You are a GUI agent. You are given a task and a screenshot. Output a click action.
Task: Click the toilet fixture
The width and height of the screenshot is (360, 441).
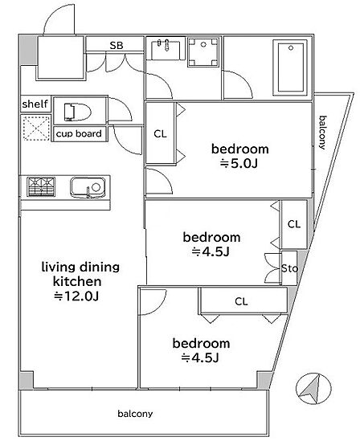78,112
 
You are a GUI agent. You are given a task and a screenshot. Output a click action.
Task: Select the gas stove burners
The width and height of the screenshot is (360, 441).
41,186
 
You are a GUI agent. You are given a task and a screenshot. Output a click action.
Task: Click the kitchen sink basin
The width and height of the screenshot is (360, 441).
88,187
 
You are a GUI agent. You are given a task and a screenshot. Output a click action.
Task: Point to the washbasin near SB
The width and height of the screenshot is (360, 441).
166,50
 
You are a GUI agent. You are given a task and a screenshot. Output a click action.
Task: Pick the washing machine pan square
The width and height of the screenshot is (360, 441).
203,51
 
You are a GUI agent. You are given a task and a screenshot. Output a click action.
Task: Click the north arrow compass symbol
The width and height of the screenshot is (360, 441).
314,389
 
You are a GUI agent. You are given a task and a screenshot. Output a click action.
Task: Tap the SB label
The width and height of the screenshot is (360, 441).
117,45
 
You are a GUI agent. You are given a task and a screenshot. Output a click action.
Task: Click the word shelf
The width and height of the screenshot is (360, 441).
35,104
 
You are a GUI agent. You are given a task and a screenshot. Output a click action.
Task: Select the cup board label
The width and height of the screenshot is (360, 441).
79,133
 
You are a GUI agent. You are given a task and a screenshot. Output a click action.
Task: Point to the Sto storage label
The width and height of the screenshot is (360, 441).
289,268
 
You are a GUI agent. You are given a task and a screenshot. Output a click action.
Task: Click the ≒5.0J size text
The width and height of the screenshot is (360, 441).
239,163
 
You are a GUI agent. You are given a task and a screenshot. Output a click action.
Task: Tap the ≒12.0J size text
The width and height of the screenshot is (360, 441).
76,296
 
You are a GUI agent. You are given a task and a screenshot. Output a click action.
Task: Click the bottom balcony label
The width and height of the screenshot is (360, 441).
135,414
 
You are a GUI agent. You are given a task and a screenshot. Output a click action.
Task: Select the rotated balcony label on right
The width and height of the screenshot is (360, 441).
322,133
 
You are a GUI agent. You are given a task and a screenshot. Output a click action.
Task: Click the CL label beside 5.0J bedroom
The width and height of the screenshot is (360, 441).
161,134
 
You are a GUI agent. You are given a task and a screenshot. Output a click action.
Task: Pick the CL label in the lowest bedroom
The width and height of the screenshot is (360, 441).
241,301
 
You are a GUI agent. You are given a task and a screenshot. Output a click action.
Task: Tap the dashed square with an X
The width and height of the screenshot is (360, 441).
36,129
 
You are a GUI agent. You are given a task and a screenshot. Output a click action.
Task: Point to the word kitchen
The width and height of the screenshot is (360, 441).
77,281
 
